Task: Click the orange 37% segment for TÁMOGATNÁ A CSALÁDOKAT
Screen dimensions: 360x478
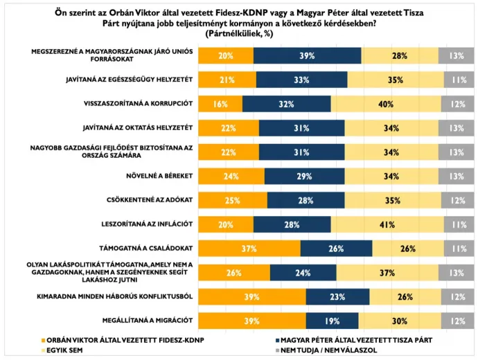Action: pos(249,248)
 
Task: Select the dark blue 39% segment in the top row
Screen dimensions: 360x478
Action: pos(307,56)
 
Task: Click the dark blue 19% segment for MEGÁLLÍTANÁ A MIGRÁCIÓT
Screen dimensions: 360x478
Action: pos(333,320)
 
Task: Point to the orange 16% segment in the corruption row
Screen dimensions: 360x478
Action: pos(220,104)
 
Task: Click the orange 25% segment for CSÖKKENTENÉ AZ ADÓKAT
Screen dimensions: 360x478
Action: pos(233,200)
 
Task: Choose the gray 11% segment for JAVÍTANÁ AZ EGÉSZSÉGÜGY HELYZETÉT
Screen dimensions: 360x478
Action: pos(457,80)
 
